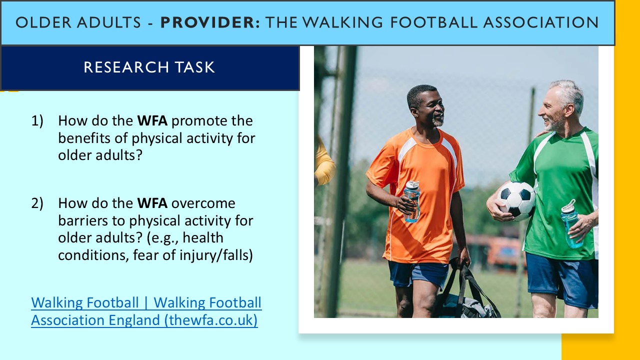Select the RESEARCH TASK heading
pos(149,67)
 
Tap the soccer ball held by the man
pos(515,200)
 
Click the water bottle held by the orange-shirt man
pos(412,201)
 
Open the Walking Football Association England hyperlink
pos(146,311)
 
